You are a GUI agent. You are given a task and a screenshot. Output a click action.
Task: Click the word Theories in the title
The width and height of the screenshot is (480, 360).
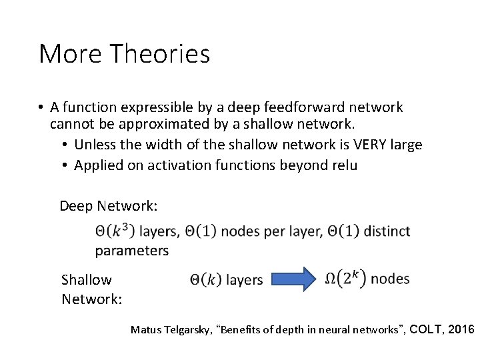click(163, 54)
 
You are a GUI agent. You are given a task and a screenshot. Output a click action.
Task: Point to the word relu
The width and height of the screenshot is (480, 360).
click(343, 165)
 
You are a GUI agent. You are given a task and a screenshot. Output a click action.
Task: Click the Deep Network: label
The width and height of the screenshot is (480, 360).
click(109, 206)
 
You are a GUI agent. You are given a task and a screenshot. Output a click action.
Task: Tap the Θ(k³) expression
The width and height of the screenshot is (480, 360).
click(115, 231)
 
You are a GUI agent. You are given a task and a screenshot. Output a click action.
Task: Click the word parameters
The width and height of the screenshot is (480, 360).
click(132, 251)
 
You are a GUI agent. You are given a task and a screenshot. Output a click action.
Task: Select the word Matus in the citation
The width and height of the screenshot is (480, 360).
click(144, 329)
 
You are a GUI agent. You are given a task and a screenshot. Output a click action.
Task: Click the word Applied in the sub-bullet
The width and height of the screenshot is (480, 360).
click(97, 165)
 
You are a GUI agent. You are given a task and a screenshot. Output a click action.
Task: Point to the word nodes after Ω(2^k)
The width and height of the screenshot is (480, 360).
click(390, 278)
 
